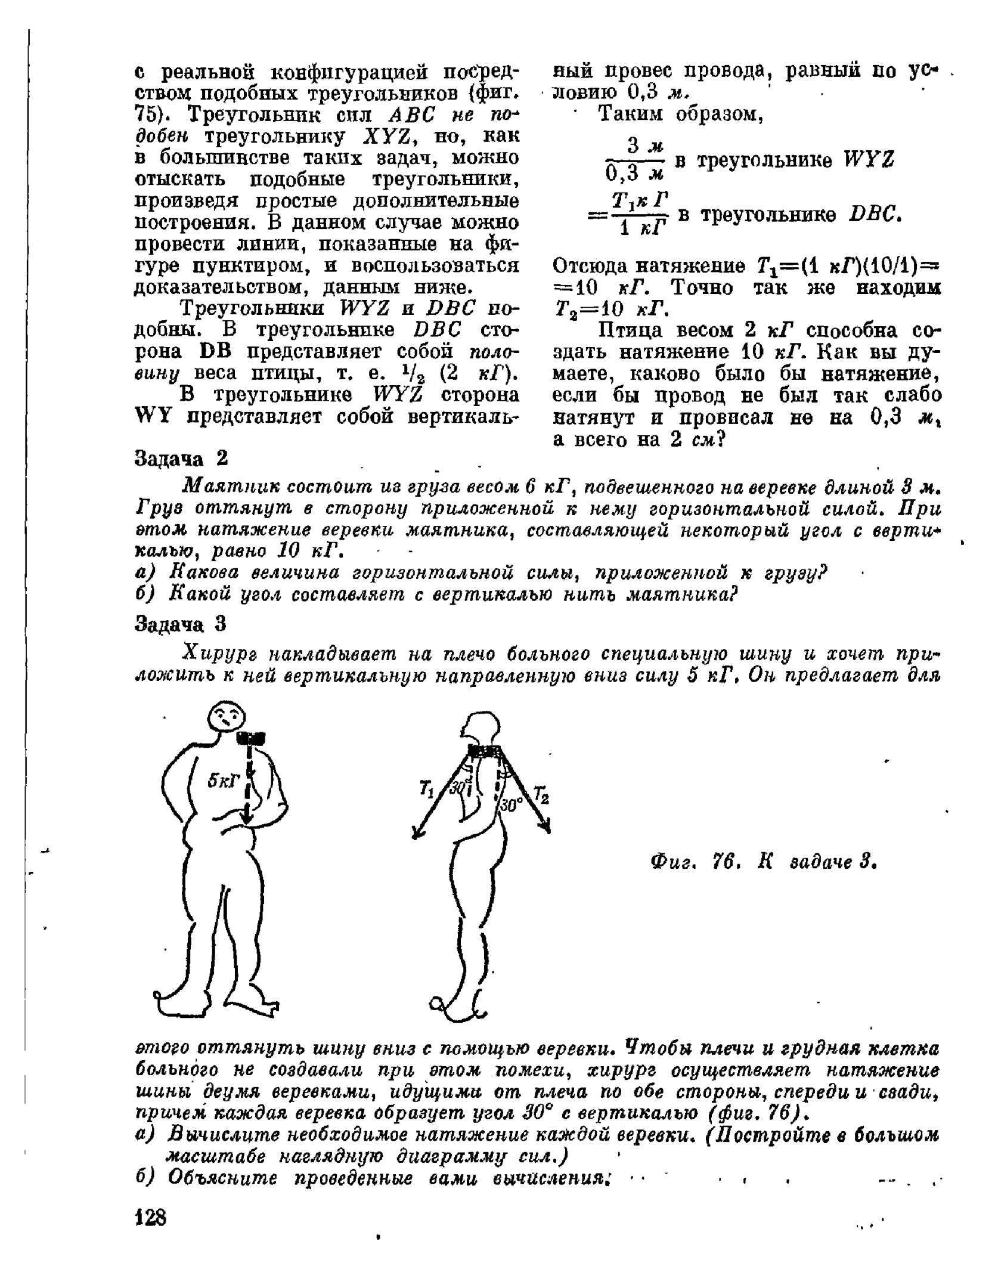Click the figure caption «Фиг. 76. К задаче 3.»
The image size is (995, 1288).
click(x=763, y=862)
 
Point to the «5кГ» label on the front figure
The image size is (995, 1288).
click(x=223, y=781)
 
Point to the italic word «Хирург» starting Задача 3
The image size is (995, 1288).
click(x=218, y=654)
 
